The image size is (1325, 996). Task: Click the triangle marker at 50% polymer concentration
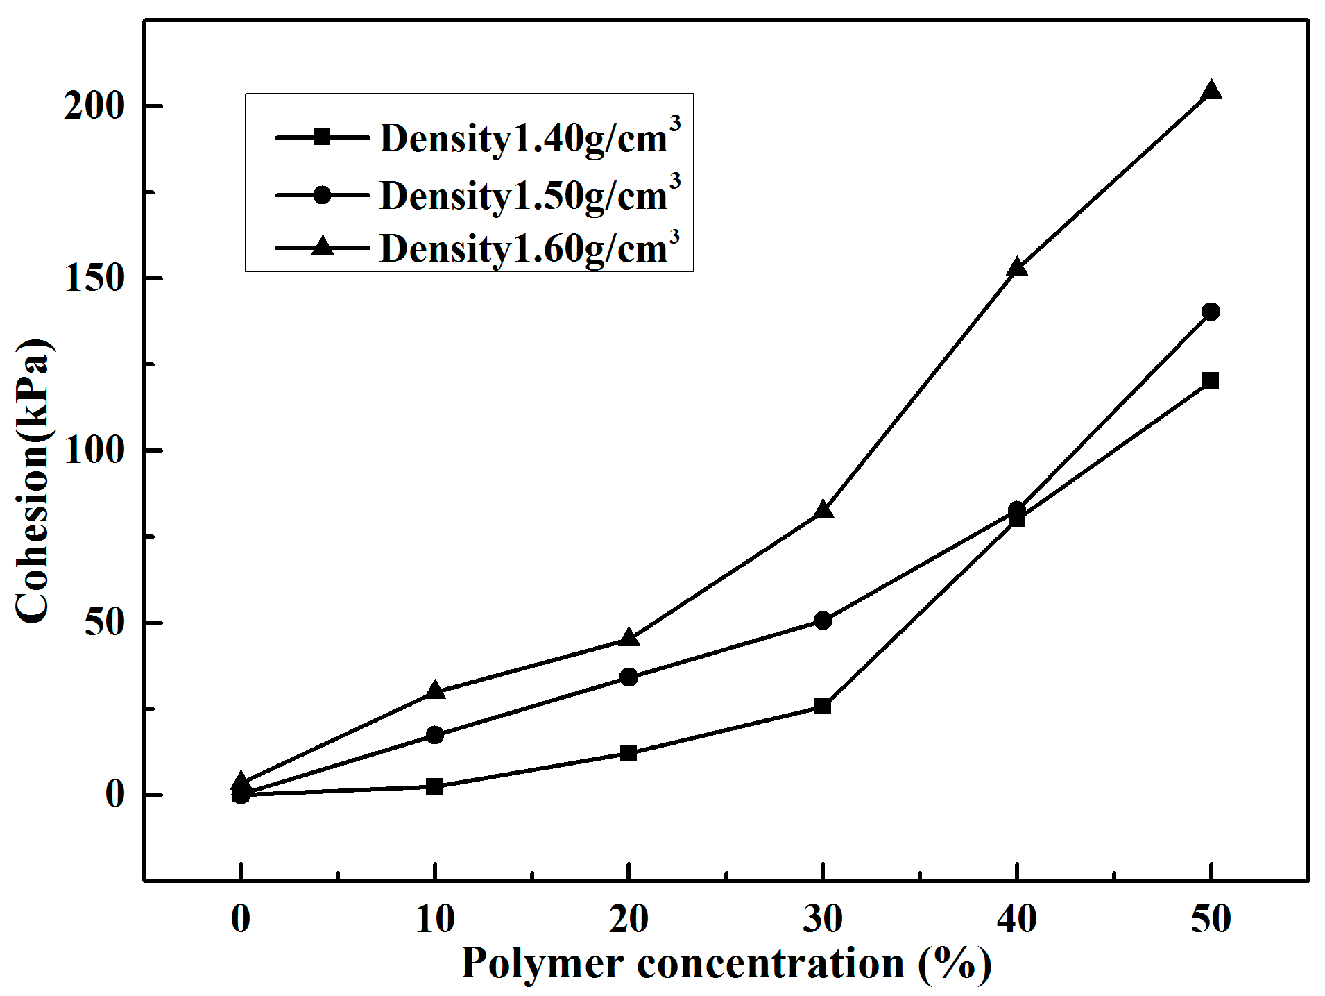[x=1211, y=91]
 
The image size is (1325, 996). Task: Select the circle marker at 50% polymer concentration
[x=1211, y=312]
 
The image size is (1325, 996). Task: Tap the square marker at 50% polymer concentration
[x=1211, y=380]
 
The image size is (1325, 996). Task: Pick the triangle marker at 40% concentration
[x=1017, y=267]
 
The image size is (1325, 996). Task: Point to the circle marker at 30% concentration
[x=823, y=620]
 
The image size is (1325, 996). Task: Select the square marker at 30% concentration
[x=823, y=707]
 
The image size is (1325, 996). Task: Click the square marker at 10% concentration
[x=435, y=786]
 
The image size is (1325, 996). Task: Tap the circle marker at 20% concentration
[x=629, y=677]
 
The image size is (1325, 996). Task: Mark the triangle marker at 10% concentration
[x=435, y=690]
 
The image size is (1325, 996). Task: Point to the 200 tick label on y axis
[x=94, y=106]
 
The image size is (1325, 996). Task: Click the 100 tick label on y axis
[x=94, y=450]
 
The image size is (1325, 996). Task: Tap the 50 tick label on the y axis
[x=104, y=623]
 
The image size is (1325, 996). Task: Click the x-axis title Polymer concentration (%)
[x=726, y=963]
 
